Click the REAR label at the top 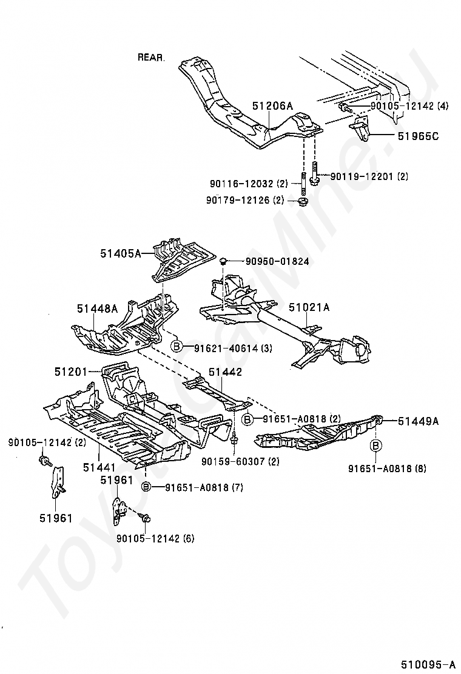click(x=150, y=57)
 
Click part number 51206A click(x=272, y=105)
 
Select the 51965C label click(x=418, y=136)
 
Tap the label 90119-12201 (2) click(x=369, y=176)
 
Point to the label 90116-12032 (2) click(x=249, y=184)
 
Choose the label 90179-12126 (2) click(x=245, y=200)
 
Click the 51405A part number click(x=121, y=253)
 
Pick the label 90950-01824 click(x=277, y=261)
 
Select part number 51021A click(x=309, y=307)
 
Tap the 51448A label click(x=97, y=308)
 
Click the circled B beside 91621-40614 click(x=177, y=347)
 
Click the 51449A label click(x=418, y=421)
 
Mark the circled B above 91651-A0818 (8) click(x=376, y=446)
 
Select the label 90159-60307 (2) click(x=240, y=462)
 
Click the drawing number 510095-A click(x=428, y=664)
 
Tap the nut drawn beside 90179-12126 click(x=304, y=201)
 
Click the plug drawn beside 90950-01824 click(x=223, y=261)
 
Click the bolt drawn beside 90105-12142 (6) click(x=146, y=518)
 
